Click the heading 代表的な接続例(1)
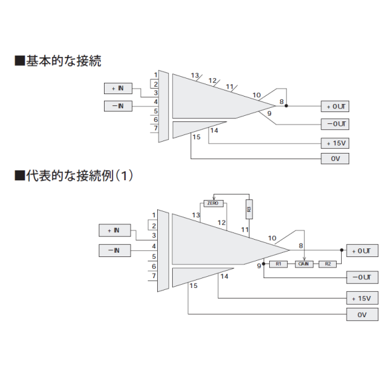pos(74,175)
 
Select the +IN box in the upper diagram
pos(118,88)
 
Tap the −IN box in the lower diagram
pos(114,250)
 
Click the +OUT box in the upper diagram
pos(335,107)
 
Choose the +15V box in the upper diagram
pos(335,142)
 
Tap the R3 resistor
pos(249,209)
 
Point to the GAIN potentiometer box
pos(304,264)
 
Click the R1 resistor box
pos(279,264)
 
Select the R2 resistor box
pos(327,264)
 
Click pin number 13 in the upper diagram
pos(195,76)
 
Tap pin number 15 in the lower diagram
pos(193,286)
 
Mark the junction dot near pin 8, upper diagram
pos(286,106)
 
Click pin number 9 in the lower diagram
pos(259,265)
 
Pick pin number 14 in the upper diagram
pos(214,130)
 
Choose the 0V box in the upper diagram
pos(335,159)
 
